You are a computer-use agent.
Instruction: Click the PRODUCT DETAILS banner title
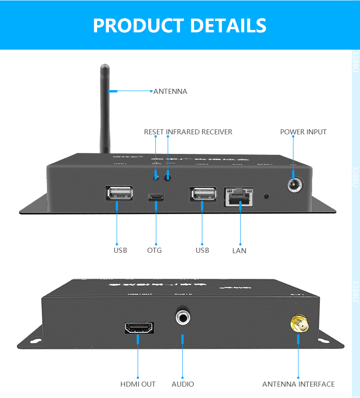click(x=180, y=26)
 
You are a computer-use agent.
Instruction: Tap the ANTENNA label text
click(x=170, y=92)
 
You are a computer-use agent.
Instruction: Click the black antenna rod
click(x=105, y=109)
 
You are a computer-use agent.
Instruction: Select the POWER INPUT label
click(x=303, y=132)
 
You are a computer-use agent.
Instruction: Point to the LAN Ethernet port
click(x=238, y=197)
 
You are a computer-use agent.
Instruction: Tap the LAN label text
click(x=239, y=250)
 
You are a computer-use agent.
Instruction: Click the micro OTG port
click(x=156, y=197)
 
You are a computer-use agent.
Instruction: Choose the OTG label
click(x=154, y=250)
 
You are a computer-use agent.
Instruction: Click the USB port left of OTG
click(x=120, y=194)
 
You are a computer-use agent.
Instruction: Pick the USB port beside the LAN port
click(x=203, y=194)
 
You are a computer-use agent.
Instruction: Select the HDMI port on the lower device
click(x=139, y=327)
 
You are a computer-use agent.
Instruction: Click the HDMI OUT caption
click(x=138, y=384)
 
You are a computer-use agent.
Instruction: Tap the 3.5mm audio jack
click(x=183, y=316)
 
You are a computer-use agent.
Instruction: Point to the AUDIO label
click(x=183, y=384)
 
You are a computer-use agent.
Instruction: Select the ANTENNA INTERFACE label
click(x=298, y=384)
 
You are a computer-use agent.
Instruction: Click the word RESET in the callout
click(x=154, y=132)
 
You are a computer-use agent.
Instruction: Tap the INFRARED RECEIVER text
click(x=199, y=132)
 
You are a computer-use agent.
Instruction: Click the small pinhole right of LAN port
click(x=267, y=197)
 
